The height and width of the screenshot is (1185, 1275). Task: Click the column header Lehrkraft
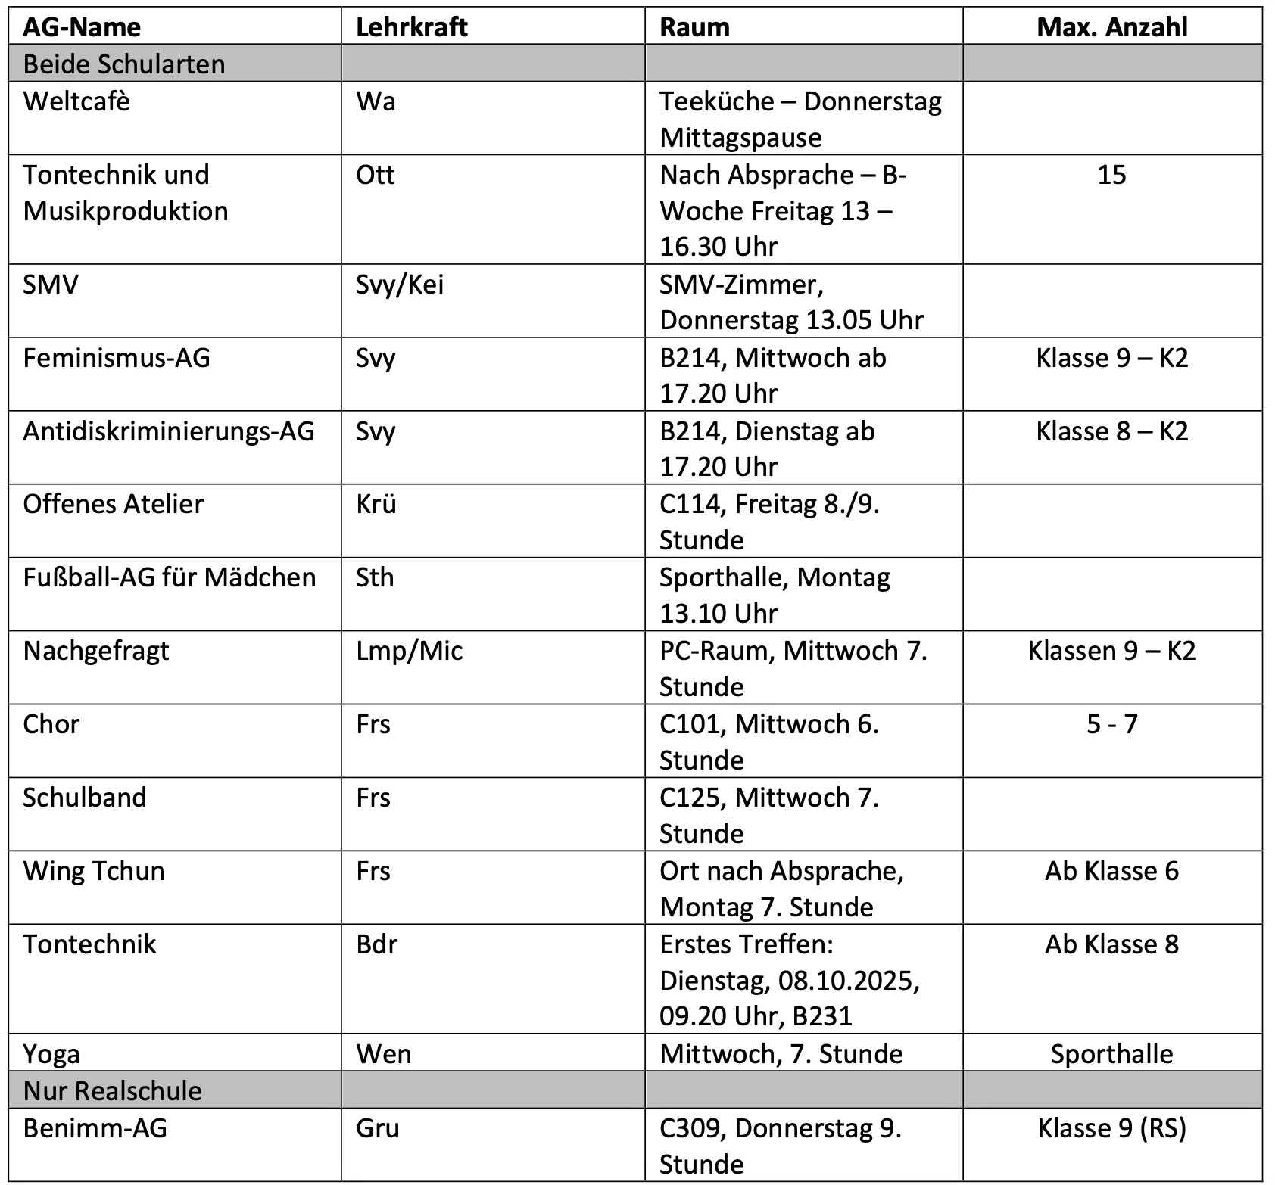point(411,27)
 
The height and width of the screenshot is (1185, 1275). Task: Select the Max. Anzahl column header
point(1111,27)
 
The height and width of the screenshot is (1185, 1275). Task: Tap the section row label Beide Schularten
point(124,64)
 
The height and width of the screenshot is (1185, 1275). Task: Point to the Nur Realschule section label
point(113,1090)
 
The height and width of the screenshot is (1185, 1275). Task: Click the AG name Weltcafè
point(76,101)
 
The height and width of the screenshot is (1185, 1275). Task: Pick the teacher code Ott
point(376,175)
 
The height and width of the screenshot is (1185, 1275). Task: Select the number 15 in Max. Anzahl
point(1111,175)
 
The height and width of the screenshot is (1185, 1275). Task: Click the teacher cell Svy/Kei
point(400,285)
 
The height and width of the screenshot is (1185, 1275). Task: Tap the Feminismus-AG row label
point(117,358)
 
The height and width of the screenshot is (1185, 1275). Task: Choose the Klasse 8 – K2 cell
point(1111,431)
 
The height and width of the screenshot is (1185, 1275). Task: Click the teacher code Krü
point(376,504)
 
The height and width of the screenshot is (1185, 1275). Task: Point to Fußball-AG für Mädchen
point(169,577)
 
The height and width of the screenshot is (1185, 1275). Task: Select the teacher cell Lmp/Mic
point(410,651)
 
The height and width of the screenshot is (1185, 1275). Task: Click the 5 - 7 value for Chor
point(1111,724)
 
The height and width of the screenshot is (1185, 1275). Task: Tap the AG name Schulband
point(85,798)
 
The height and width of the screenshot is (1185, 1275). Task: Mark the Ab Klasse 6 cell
point(1111,871)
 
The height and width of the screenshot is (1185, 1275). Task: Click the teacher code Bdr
point(376,944)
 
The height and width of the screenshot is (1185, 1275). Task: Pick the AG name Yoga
point(51,1054)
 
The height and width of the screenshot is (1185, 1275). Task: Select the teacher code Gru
point(378,1128)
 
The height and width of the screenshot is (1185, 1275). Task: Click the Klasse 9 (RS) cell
point(1111,1128)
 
